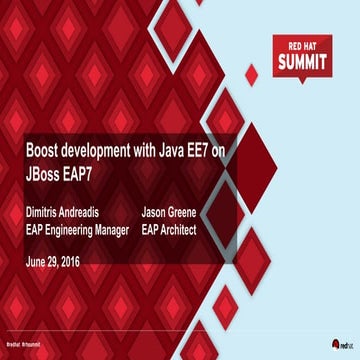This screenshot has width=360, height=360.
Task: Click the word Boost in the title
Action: coord(44,148)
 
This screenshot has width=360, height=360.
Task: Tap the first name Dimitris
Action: coord(47,212)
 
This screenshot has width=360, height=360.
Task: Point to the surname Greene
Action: coord(199,212)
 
